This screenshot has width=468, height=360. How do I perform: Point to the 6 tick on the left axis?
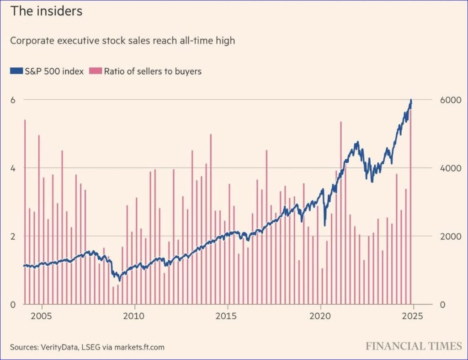(x=13, y=99)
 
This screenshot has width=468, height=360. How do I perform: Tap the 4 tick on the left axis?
(x=13, y=168)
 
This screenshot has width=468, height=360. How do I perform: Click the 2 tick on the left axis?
(x=13, y=236)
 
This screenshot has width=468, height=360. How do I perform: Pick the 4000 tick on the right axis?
(x=450, y=168)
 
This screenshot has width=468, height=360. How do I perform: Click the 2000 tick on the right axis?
(x=450, y=236)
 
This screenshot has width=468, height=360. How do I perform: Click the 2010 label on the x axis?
(x=134, y=317)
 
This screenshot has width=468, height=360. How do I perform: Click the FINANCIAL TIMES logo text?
(x=414, y=346)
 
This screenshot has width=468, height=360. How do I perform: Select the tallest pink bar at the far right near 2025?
(x=410, y=206)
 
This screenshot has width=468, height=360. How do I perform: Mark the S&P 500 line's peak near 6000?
(x=411, y=101)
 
